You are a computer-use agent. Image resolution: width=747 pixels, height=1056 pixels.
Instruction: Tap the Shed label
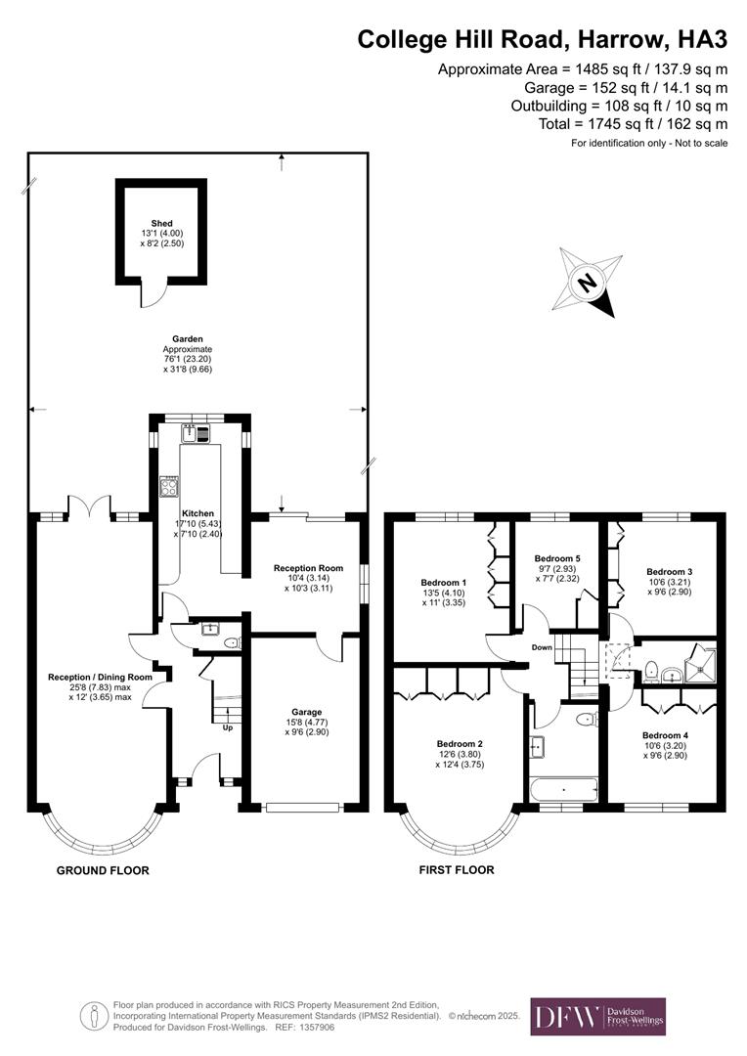(162, 224)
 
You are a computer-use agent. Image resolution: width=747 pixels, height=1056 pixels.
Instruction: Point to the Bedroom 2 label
(460, 743)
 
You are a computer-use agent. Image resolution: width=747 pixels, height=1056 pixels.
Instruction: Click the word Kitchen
(198, 512)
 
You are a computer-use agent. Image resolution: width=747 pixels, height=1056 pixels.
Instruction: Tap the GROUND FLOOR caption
(103, 870)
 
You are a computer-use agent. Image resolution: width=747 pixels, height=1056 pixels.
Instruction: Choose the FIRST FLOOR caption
(457, 869)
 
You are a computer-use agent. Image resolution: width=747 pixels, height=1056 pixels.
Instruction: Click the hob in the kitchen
(169, 486)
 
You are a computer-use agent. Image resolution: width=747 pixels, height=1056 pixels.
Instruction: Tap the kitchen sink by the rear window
(189, 433)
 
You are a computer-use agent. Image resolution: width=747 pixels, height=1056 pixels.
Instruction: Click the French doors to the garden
(89, 507)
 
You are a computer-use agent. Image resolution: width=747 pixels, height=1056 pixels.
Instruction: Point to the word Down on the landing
(542, 647)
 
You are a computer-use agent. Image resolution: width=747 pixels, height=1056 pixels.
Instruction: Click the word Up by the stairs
(229, 727)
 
